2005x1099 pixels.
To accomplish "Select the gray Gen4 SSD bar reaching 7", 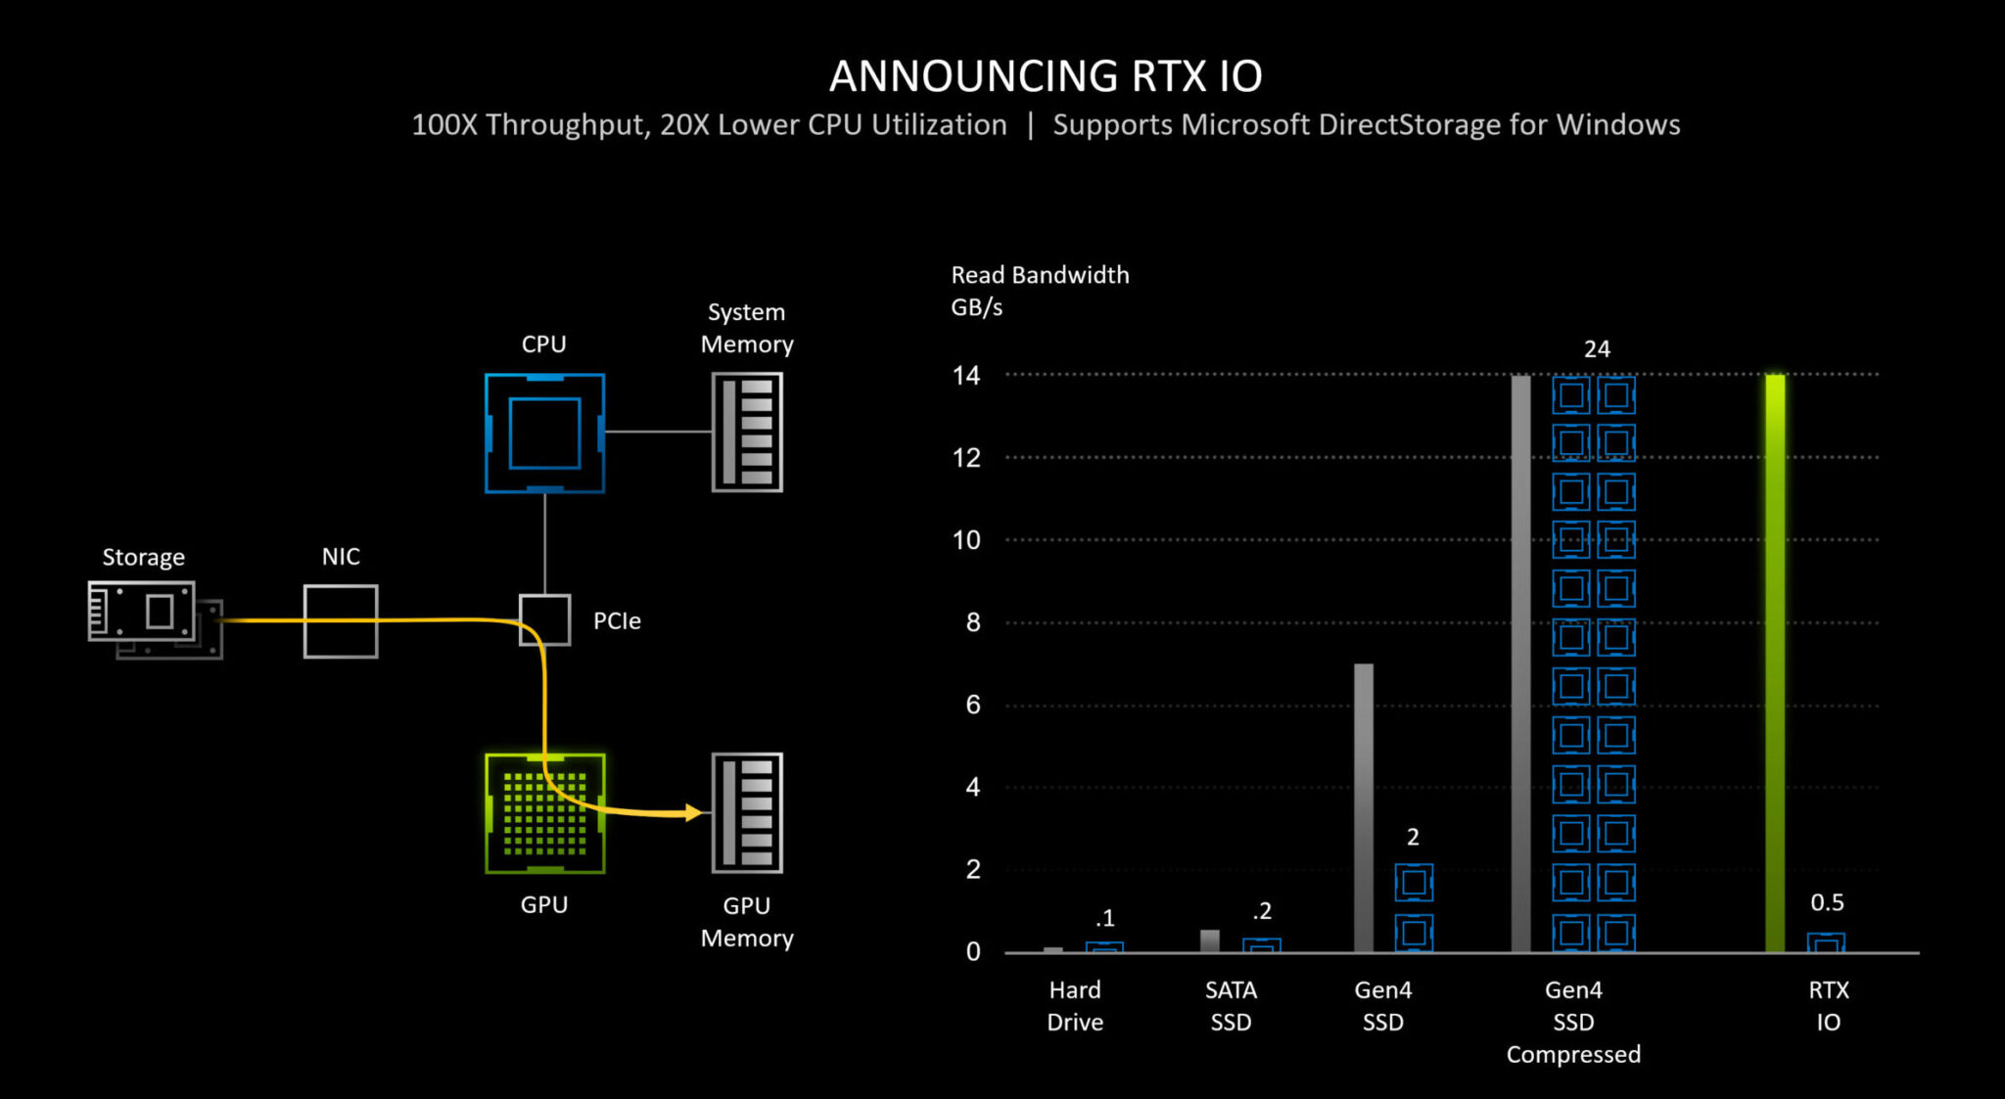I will [1363, 807].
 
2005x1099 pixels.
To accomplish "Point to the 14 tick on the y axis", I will [966, 376].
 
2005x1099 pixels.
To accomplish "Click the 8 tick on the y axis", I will [972, 622].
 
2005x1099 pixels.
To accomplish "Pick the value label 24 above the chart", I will [1597, 349].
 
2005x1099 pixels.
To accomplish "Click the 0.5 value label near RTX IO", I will [1827, 902].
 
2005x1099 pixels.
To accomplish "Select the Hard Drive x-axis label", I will [1075, 1006].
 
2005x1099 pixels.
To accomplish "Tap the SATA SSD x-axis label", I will [1231, 1006].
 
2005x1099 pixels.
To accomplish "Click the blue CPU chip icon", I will [544, 433].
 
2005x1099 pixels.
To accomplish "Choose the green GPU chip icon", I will [544, 813].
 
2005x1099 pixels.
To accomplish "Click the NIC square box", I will [341, 621].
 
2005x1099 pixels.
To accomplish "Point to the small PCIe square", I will [544, 620].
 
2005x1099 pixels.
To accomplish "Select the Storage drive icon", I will [154, 618].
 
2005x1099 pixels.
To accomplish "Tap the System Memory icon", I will [747, 432].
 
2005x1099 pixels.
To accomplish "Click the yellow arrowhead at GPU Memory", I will [694, 812].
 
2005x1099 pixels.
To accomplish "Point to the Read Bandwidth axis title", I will [1040, 275].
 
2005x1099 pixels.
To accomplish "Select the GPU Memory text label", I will [747, 922].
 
